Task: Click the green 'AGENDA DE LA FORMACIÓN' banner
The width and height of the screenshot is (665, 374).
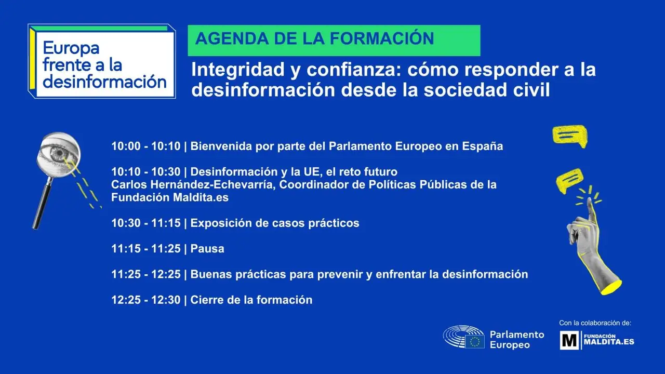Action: click(334, 40)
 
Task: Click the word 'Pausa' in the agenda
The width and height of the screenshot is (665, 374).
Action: click(207, 249)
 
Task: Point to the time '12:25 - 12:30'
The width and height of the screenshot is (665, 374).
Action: click(145, 300)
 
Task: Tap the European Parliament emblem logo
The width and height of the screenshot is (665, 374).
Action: click(463, 337)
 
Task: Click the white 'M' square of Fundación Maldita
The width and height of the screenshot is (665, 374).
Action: click(569, 340)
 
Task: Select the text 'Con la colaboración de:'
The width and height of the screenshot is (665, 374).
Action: click(595, 323)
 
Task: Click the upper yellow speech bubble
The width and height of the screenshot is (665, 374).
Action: click(569, 135)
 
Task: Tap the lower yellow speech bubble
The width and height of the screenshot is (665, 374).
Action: click(569, 179)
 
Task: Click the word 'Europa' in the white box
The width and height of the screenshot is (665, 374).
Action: click(71, 48)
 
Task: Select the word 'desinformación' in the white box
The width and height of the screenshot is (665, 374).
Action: click(105, 82)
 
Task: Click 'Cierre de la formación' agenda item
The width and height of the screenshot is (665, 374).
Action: click(251, 300)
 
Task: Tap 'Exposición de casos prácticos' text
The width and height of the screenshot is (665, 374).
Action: click(275, 223)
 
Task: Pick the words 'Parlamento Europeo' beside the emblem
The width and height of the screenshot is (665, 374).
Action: click(516, 340)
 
